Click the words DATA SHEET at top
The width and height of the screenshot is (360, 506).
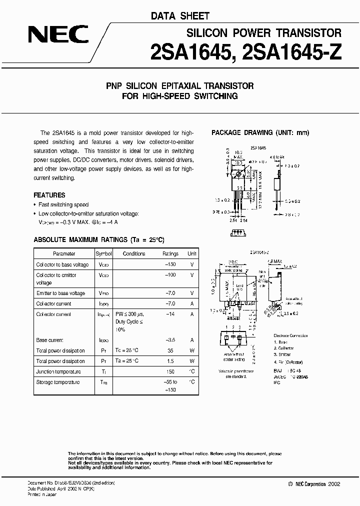point(180,16)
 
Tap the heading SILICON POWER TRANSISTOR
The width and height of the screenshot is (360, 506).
point(264,33)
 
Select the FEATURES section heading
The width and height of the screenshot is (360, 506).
point(49,195)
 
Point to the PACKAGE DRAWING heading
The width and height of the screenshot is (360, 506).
point(260,132)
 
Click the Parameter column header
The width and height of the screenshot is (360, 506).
point(64,253)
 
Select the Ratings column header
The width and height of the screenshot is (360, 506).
point(170,253)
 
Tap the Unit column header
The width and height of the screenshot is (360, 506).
point(192,253)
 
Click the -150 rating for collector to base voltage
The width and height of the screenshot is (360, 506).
point(171,264)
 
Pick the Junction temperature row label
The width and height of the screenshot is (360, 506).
point(58,371)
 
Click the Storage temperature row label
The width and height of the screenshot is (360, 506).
point(57,382)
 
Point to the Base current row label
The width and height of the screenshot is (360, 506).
point(51,339)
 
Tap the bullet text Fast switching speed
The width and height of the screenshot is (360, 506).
point(63,205)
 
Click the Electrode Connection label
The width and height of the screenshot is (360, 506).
point(291,335)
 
